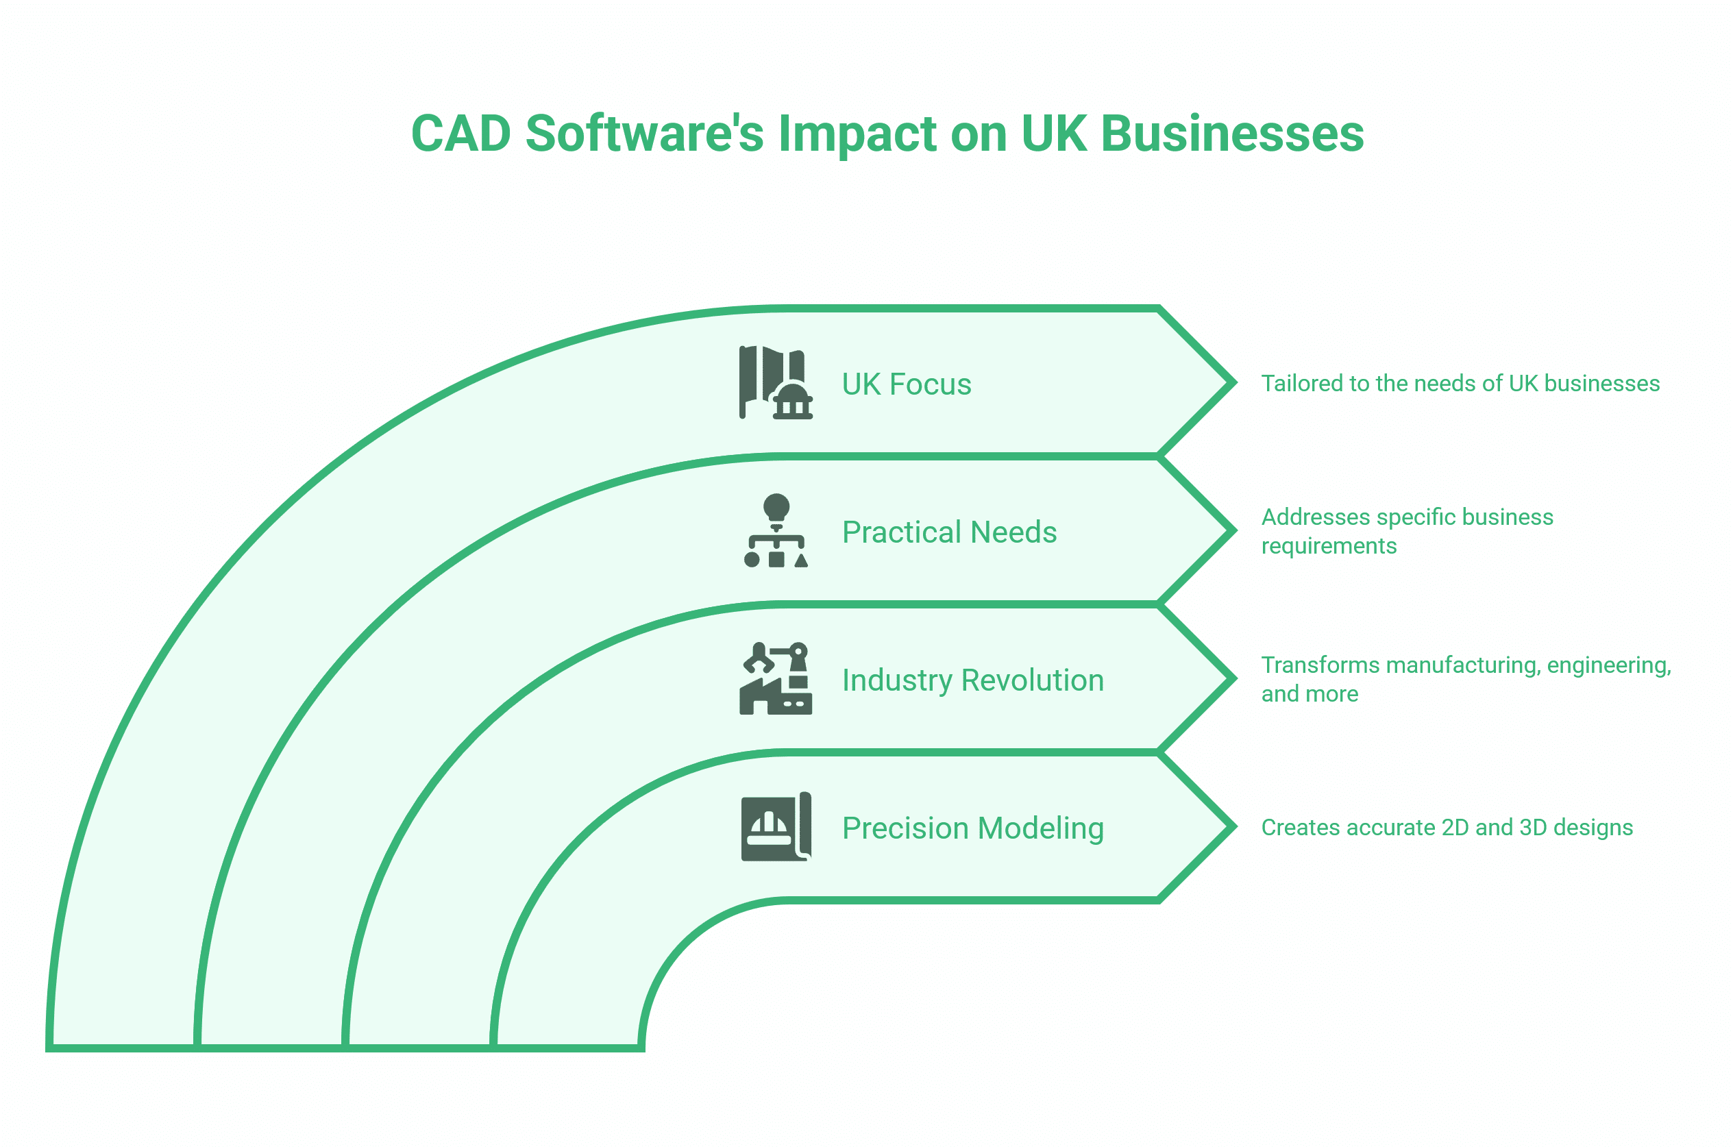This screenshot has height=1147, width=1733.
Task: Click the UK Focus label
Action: pos(907,384)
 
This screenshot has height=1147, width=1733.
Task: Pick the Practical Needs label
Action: pos(949,532)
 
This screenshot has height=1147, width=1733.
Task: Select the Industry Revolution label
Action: pos(972,680)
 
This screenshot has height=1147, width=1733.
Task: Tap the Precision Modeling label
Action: pos(972,828)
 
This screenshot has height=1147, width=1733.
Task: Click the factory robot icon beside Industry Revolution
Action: pos(776,679)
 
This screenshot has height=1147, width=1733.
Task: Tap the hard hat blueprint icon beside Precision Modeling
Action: pos(776,826)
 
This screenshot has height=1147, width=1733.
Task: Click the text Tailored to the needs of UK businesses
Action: pos(1460,383)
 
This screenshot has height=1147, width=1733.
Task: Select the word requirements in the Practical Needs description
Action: pos(1329,545)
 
